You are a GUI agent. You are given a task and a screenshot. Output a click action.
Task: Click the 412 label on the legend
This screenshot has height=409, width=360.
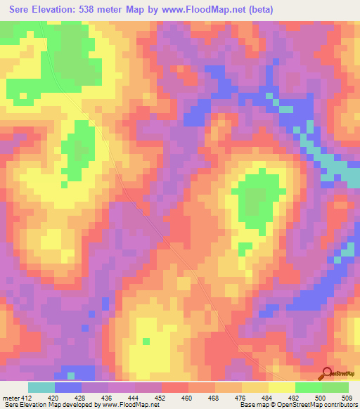pyautogui.click(x=26, y=397)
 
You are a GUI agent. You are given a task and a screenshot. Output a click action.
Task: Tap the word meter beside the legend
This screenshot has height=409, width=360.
pyautogui.click(x=10, y=397)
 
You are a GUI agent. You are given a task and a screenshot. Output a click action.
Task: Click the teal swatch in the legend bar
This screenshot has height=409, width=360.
pyautogui.click(x=41, y=387)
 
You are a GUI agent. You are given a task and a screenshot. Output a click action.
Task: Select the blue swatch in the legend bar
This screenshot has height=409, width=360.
pyautogui.click(x=68, y=387)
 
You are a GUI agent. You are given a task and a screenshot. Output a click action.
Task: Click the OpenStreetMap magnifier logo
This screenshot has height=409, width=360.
pyautogui.click(x=326, y=374)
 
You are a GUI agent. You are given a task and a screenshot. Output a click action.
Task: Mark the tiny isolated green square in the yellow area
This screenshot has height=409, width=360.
pyautogui.click(x=146, y=342)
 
